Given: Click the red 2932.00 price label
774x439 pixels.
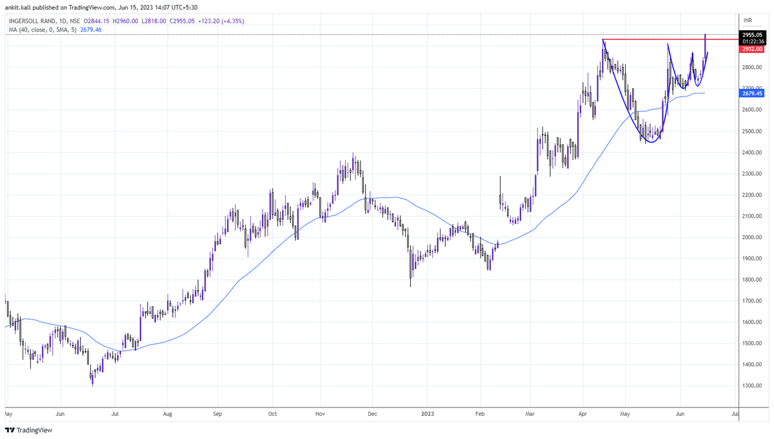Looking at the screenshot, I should pos(753,49).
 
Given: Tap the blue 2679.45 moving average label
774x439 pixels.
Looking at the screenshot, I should pos(753,93).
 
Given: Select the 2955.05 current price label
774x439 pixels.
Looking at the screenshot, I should pos(753,35).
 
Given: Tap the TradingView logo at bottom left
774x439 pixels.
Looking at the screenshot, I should pos(30,430).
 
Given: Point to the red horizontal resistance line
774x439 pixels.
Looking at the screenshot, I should pos(651,40).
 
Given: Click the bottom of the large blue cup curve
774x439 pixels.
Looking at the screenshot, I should pos(650,142).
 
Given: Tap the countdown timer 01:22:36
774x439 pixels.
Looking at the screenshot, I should pos(753,42).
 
